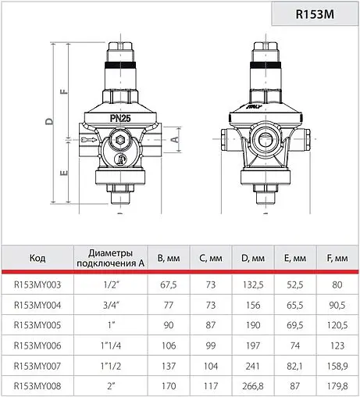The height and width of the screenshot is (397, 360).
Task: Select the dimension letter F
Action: click(63, 90)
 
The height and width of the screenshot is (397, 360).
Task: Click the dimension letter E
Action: click(63, 171)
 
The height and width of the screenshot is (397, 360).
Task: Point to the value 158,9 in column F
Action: click(337, 365)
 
